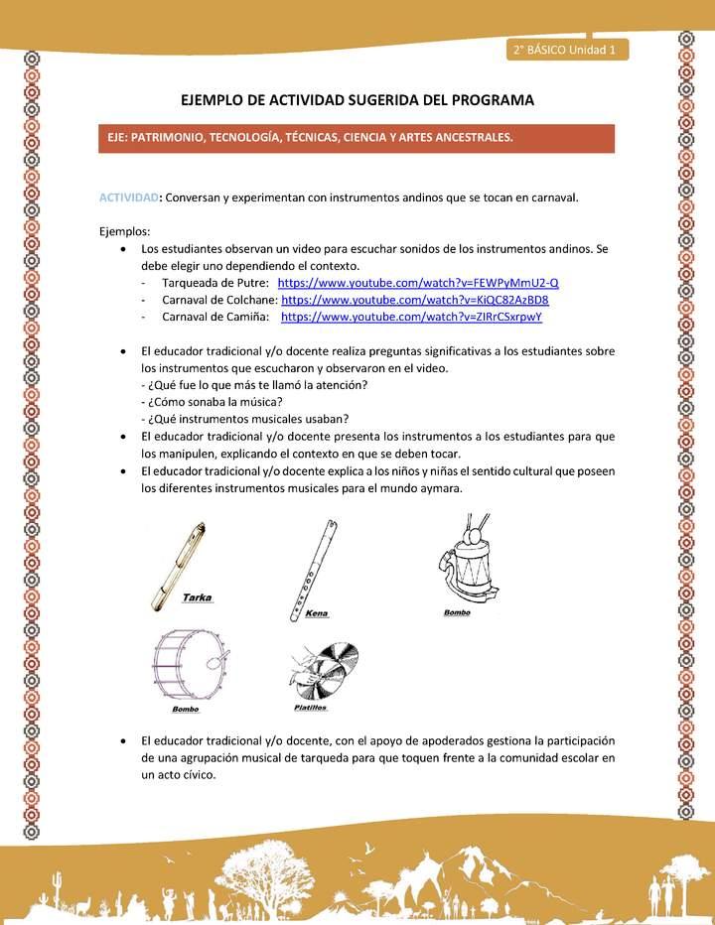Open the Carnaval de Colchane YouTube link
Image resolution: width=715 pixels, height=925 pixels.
[415, 300]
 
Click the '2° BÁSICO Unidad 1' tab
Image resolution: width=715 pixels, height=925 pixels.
[566, 50]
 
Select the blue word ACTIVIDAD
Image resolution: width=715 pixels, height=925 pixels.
[128, 197]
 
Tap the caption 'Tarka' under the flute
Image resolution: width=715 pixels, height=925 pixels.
[198, 598]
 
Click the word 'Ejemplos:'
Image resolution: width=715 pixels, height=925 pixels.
[125, 230]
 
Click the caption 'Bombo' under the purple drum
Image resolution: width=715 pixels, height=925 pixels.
[186, 710]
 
